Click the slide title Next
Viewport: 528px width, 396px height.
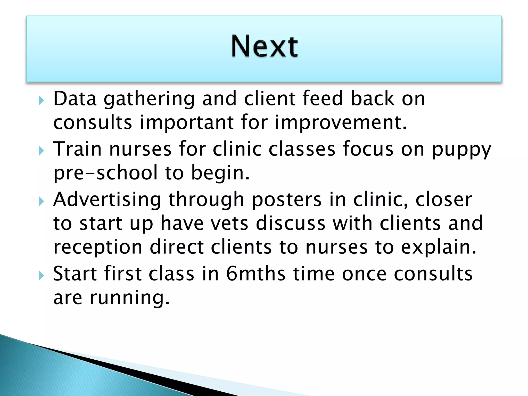coord(264,46)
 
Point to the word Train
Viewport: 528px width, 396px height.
coord(77,149)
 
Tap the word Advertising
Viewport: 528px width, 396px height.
coord(107,200)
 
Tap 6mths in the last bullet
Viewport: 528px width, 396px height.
coord(256,274)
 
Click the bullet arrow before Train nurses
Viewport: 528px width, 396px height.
coord(42,151)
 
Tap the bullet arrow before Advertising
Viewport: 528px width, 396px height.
coord(42,201)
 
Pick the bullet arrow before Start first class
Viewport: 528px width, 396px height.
coord(42,276)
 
